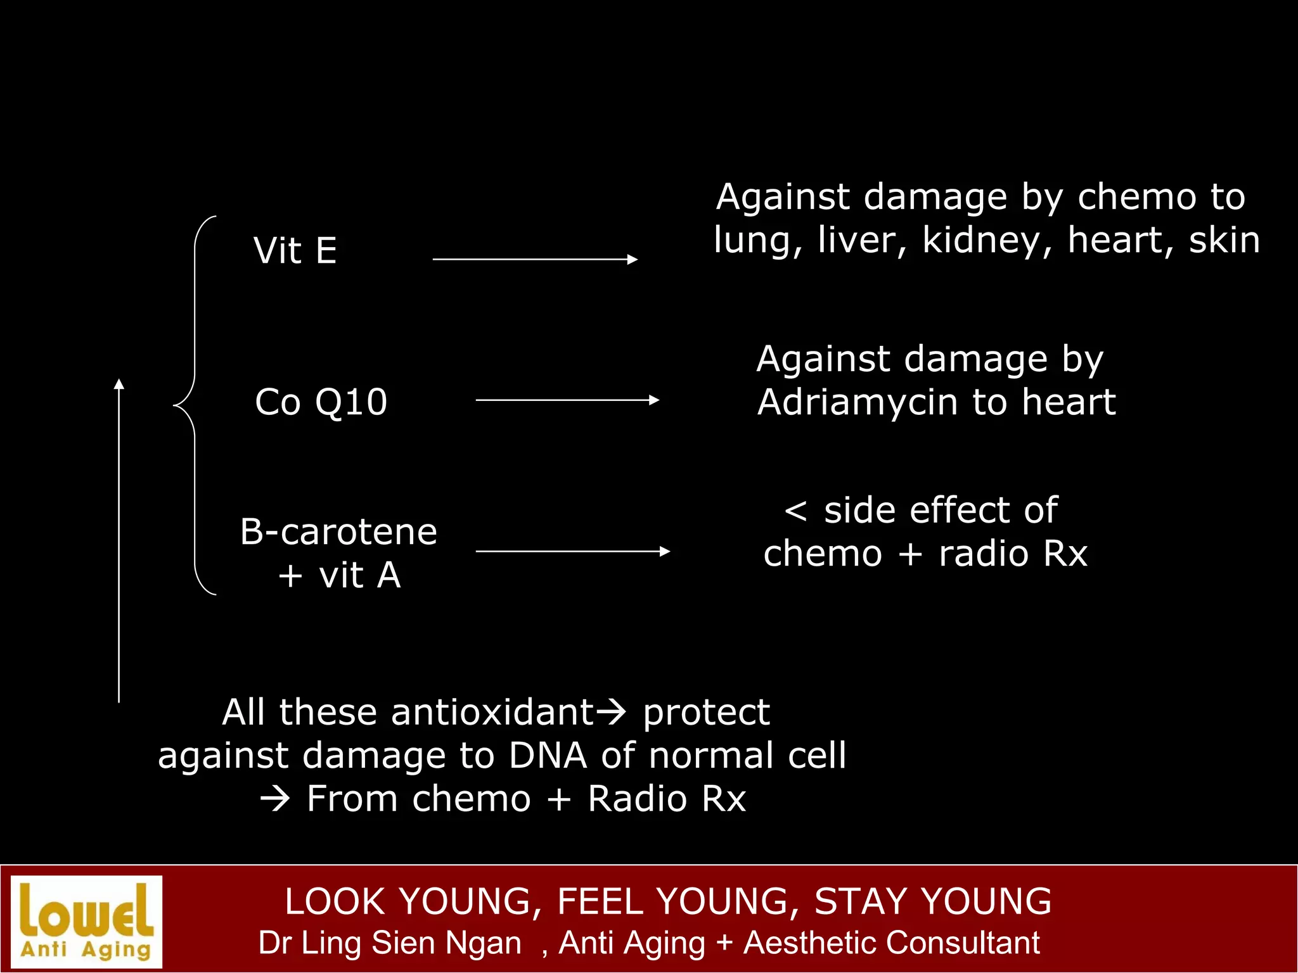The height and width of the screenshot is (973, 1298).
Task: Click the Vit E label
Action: [x=295, y=250]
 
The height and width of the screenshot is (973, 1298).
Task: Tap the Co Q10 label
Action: [x=321, y=402]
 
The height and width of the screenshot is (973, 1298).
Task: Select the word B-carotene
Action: [x=338, y=531]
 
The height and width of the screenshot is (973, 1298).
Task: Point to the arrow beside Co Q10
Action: [x=567, y=400]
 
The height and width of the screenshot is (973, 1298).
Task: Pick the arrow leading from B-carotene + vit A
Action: [x=572, y=551]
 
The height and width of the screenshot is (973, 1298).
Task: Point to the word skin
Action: [x=1224, y=241]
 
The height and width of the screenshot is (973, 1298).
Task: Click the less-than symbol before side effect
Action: [x=795, y=511]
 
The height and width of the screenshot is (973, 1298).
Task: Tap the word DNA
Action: [x=548, y=755]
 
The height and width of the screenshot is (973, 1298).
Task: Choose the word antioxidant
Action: [x=492, y=712]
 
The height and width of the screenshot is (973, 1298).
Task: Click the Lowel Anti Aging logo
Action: [x=87, y=922]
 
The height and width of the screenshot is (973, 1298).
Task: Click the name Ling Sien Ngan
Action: [x=411, y=943]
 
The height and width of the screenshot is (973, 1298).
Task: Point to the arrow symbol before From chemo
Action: [x=275, y=799]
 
